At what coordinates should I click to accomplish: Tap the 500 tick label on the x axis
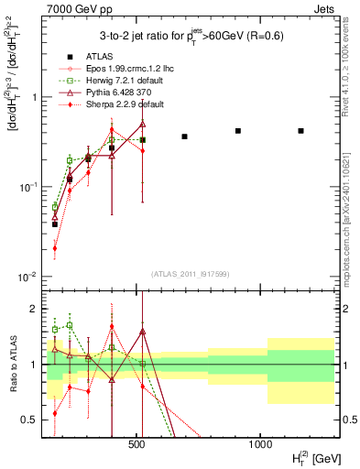(137, 443)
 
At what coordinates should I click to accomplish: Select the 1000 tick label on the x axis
(260, 443)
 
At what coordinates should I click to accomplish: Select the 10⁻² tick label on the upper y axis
(27, 277)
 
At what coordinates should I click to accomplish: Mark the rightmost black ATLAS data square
(301, 131)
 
